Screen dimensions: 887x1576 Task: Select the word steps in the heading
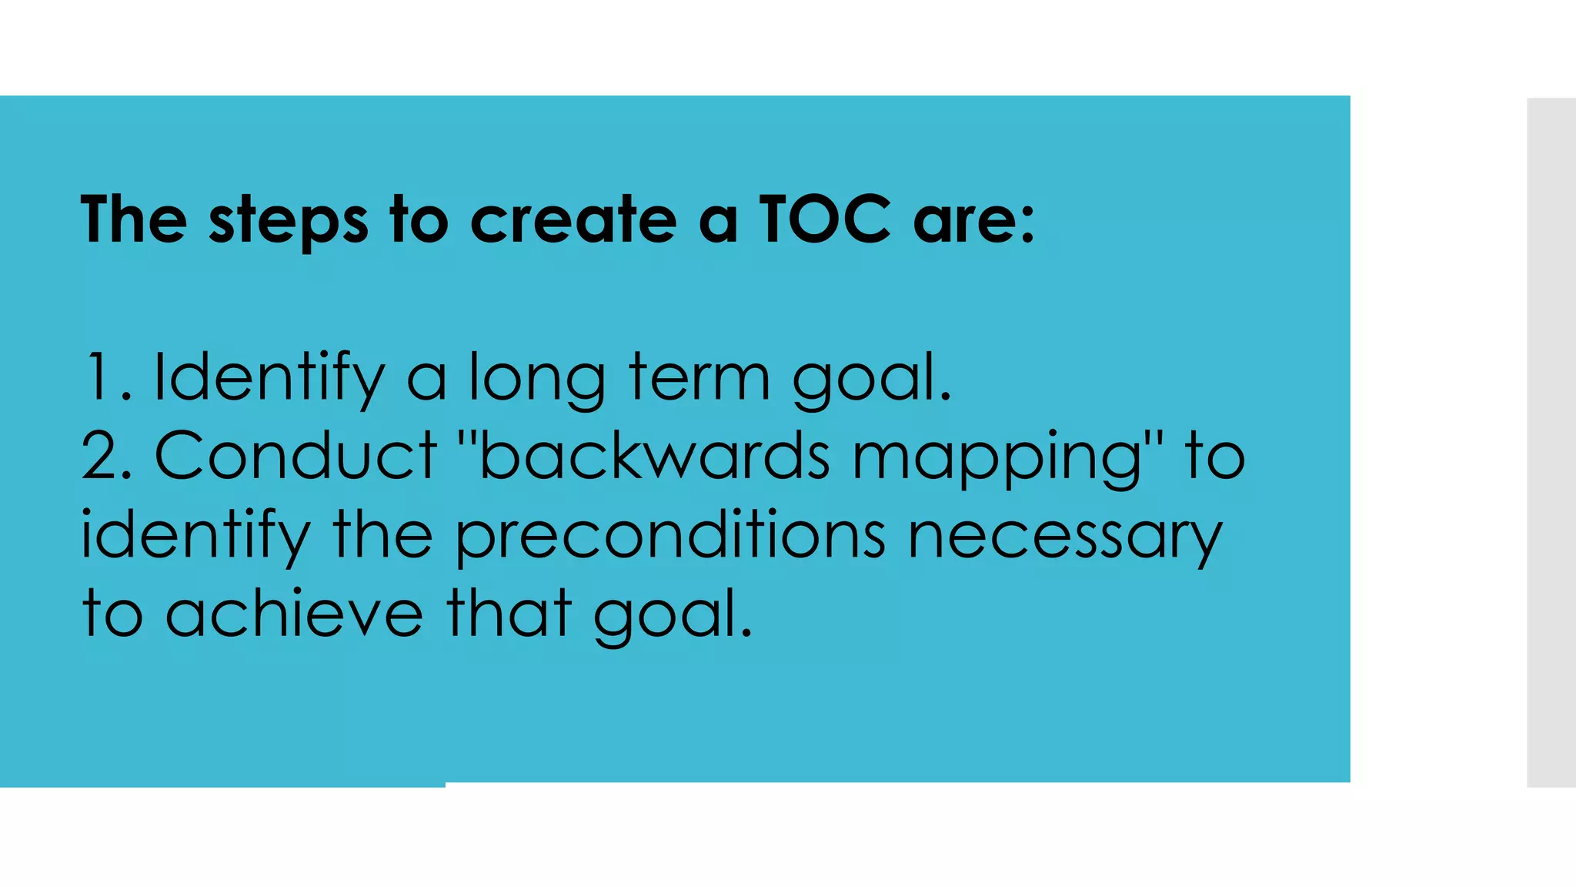tap(289, 221)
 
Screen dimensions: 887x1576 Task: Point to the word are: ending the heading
tap(973, 221)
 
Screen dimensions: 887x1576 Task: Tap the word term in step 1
tap(700, 377)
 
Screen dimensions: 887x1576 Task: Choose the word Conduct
tap(296, 456)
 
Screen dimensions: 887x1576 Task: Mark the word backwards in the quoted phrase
tap(654, 456)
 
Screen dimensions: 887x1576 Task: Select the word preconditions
tap(670, 537)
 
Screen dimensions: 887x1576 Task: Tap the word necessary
tap(1065, 537)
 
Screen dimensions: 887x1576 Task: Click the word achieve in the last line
tap(295, 614)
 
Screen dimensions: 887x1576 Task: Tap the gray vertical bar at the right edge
tap(1551, 443)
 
